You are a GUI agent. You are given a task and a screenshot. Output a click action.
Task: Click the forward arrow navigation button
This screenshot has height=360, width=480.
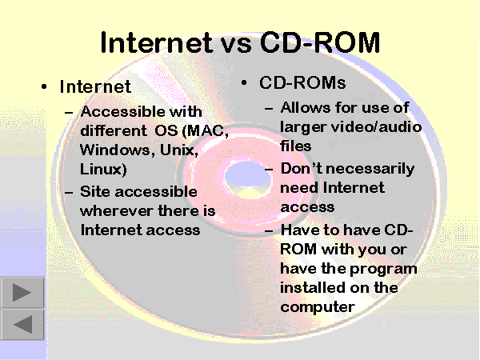pos(22,292)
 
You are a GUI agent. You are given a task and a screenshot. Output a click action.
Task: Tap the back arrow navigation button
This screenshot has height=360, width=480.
pos(22,324)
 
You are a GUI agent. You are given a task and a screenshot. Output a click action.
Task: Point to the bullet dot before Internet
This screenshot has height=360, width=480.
pos(44,87)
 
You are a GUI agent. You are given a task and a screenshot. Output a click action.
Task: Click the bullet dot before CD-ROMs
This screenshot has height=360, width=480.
pos(244,82)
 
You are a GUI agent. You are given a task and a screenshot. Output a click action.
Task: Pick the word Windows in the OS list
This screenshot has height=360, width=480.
pos(114,150)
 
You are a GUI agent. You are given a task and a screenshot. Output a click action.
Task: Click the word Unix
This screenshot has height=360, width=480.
pos(178,150)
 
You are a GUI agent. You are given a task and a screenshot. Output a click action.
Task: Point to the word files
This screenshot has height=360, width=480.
pos(296,146)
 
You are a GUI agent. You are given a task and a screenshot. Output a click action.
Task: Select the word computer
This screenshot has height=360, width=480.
pos(318,307)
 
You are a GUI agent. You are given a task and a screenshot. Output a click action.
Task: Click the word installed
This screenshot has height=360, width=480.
pos(312,288)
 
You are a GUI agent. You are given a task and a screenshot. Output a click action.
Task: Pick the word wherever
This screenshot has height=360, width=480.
pos(116,211)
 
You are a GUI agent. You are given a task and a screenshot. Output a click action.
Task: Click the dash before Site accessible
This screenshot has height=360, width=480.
pos(69,193)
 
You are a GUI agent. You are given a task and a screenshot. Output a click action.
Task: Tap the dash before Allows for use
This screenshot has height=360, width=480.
pos(269,108)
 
